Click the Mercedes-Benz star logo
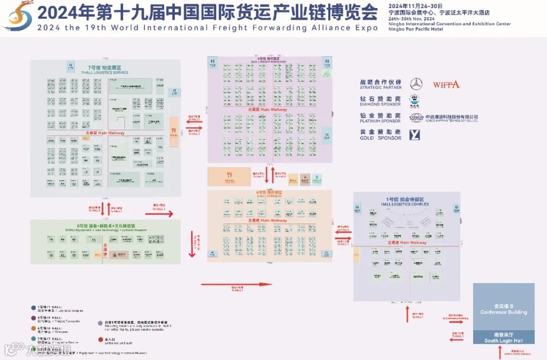click(x=416, y=84)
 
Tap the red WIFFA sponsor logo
click(x=446, y=85)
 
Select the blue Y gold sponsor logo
click(x=415, y=135)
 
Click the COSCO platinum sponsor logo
click(x=416, y=117)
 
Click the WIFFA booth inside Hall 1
click(x=418, y=277)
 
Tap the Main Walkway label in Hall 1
click(x=407, y=243)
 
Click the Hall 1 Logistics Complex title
click(x=405, y=202)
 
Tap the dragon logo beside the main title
click(x=18, y=15)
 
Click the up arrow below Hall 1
click(x=407, y=314)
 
